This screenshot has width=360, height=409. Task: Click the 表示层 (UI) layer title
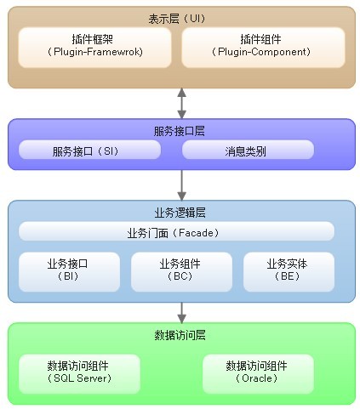coord(177,19)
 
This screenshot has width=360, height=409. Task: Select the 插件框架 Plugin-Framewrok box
coord(94,48)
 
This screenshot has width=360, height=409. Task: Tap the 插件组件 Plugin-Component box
coord(263,48)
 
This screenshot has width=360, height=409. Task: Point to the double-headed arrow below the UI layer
coord(181,103)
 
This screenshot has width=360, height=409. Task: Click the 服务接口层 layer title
coord(179,131)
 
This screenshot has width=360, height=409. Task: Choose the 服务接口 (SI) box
coord(89,150)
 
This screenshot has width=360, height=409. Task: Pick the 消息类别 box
coord(248,150)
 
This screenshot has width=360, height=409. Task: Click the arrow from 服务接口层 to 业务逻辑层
coord(181,185)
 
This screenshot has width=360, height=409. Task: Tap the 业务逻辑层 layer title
coord(180,213)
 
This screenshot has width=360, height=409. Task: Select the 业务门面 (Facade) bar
coord(176,231)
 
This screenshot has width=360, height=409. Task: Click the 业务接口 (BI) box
coord(69,272)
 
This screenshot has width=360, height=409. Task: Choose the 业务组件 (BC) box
coord(181,272)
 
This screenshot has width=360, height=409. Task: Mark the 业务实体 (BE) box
coord(289,272)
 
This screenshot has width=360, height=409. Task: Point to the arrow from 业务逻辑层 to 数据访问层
coord(181,312)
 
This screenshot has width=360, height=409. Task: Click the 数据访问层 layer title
coord(180,335)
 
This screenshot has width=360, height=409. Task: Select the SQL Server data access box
coord(79,374)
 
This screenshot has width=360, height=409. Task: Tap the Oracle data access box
coord(258,374)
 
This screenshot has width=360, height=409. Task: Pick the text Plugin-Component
coord(261,52)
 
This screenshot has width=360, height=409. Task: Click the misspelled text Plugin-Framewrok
coord(96,52)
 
